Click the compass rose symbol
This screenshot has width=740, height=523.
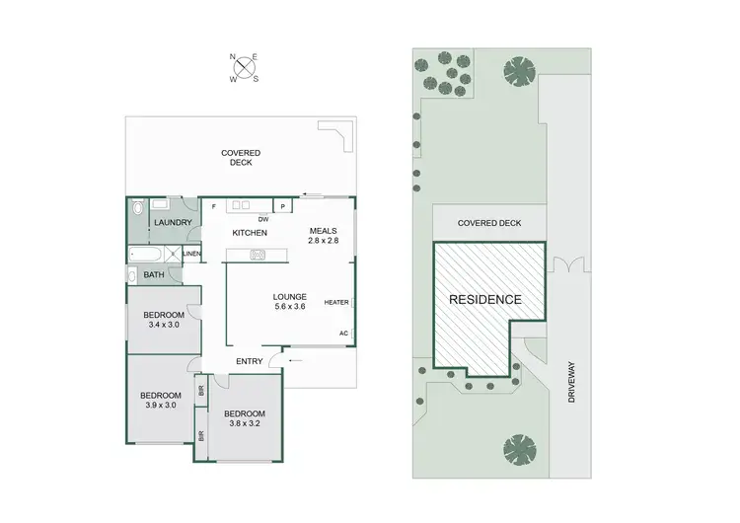(243, 68)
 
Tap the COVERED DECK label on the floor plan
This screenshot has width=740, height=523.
(241, 157)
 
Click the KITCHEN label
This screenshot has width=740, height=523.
(251, 232)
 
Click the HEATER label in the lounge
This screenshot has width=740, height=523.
(336, 303)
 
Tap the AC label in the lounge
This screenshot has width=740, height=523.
(343, 333)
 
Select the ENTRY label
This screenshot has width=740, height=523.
(249, 361)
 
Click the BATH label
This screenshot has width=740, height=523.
(154, 275)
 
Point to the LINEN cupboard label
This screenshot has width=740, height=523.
(191, 254)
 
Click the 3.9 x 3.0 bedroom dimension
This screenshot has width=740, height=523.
(160, 405)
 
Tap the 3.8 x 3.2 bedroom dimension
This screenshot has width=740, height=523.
(244, 423)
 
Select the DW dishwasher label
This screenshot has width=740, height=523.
(263, 219)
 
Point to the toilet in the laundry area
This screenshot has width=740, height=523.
(137, 208)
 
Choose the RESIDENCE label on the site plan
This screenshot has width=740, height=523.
(485, 298)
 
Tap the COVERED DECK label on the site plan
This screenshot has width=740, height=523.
(488, 223)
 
